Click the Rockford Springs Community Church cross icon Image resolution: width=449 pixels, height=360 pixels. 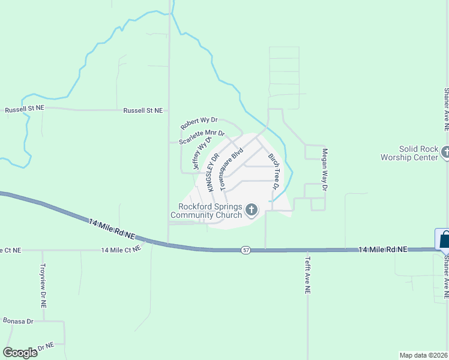coord(252,210)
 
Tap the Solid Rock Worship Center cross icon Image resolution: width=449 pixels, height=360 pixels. coord(445,152)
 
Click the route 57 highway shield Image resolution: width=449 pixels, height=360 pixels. coord(246,249)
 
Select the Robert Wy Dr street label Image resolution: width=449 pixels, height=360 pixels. coord(199,124)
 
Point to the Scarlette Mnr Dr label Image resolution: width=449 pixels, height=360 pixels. coord(202,137)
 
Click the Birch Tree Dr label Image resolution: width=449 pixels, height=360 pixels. coord(273,172)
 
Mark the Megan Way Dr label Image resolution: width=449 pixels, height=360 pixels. coord(325,170)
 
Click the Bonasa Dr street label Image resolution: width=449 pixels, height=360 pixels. coord(17,322)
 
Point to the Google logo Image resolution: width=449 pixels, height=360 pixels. coord(20,353)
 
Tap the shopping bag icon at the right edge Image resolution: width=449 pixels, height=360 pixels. coord(444,239)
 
